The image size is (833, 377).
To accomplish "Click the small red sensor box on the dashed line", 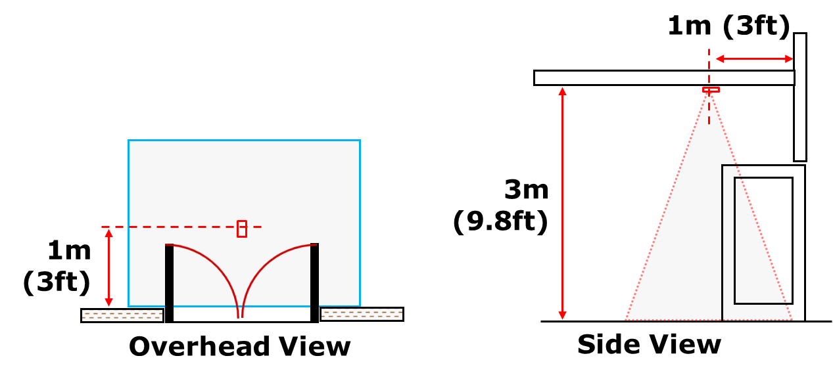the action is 242,229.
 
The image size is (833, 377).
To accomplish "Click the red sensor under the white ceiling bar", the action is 711,89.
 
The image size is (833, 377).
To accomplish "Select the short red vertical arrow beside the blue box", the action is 109,267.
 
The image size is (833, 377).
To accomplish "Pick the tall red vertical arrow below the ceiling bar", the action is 562,203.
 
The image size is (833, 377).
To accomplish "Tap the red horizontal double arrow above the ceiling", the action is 754,59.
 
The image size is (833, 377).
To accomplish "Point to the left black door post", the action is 170,276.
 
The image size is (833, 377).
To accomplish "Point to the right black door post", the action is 314,276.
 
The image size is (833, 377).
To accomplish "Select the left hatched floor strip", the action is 122,315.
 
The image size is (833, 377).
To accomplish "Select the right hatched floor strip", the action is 362,315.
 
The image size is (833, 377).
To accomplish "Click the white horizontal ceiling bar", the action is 664,78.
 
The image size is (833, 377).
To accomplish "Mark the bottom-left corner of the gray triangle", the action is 626,319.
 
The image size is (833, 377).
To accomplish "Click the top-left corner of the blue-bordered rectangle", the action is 129,141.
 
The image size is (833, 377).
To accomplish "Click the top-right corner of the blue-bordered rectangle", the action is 360,141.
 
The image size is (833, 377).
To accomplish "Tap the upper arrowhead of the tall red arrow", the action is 562,90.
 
